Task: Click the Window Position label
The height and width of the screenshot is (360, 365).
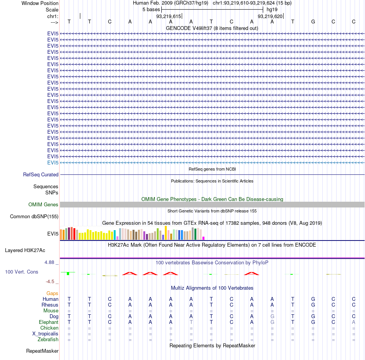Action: [x=40, y=3]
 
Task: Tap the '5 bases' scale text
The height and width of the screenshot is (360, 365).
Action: [x=151, y=10]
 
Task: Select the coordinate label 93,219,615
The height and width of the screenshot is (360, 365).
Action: [x=169, y=16]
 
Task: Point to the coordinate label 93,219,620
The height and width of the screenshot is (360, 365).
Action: [x=270, y=16]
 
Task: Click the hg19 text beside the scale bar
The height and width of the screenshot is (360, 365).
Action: [x=272, y=10]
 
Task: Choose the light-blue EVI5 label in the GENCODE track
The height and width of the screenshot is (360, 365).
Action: [x=53, y=163]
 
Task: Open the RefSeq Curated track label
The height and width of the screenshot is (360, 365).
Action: [x=41, y=174]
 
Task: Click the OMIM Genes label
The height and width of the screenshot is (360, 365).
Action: [x=43, y=204]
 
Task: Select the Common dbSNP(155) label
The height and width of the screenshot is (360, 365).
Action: [x=34, y=216]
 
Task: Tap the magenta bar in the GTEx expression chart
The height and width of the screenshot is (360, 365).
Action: [x=204, y=238]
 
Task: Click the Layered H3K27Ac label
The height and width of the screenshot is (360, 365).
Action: [x=25, y=251]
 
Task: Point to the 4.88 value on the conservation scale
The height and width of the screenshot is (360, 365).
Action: [x=49, y=262]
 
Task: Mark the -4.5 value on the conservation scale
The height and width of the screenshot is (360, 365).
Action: [x=50, y=282]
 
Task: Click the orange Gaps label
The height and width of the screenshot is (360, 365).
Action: [x=52, y=293]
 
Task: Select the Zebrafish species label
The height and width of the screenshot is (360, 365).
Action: [x=48, y=339]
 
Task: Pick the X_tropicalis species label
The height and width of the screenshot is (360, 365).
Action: [x=45, y=334]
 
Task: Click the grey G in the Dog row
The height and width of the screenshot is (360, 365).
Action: [x=272, y=316]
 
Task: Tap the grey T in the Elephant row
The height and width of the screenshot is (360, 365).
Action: [x=191, y=322]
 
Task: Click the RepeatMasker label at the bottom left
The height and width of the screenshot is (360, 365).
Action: [x=42, y=351]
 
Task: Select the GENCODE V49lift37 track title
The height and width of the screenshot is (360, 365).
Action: [x=212, y=28]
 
